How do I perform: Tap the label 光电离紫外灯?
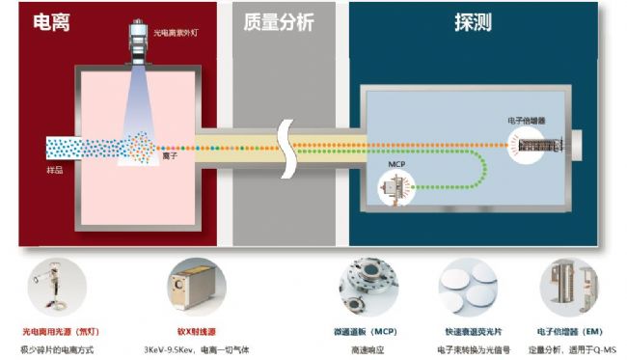[177, 34]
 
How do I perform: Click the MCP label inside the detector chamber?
[395, 165]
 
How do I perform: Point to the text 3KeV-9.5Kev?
[168, 349]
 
